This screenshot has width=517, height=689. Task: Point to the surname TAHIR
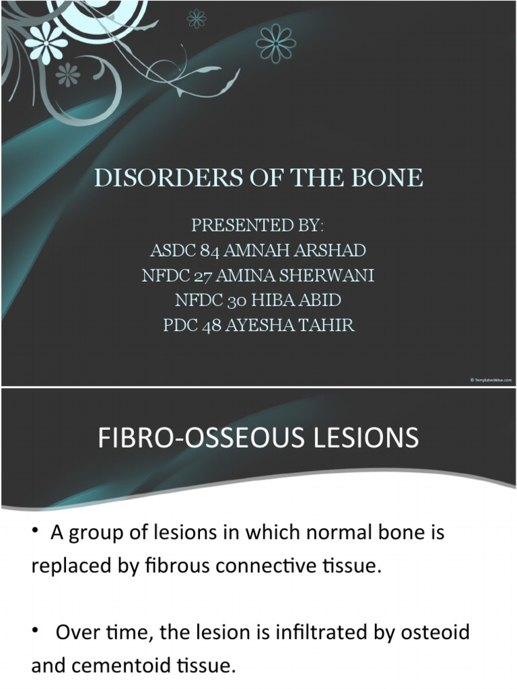(328, 325)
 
